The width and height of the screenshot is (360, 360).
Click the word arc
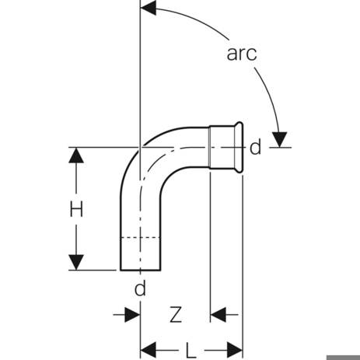pyautogui.click(x=242, y=54)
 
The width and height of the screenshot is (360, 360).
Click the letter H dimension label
pyautogui.click(x=76, y=209)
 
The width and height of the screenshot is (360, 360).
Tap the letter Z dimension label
pyautogui.click(x=176, y=315)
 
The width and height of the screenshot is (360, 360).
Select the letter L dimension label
pyautogui.click(x=191, y=351)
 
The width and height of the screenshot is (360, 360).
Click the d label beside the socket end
pyautogui.click(x=255, y=147)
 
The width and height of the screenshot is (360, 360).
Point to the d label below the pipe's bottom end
pyautogui.click(x=140, y=288)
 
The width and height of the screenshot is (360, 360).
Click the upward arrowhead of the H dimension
pyautogui.click(x=76, y=155)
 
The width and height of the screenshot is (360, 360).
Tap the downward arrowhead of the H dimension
pyautogui.click(x=76, y=262)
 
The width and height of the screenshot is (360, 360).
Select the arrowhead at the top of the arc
pyautogui.click(x=149, y=8)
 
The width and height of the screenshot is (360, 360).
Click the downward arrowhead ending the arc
pyautogui.click(x=279, y=140)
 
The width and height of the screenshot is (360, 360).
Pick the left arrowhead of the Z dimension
pyautogui.click(x=132, y=315)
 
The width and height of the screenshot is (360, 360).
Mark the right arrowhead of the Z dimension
pyautogui.click(x=218, y=315)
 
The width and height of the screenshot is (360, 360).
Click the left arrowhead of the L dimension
pyautogui.click(x=149, y=351)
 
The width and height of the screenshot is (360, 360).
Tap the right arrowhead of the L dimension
pyautogui.click(x=235, y=351)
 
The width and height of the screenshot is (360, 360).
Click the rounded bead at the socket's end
pyautogui.click(x=240, y=147)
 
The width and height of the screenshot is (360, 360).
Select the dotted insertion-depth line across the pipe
pyautogui.click(x=140, y=237)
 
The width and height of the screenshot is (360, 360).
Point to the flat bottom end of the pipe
pyautogui.click(x=140, y=270)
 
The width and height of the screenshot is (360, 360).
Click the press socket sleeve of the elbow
pyautogui.click(x=222, y=147)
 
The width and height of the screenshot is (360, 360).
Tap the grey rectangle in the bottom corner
pyautogui.click(x=343, y=358)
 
